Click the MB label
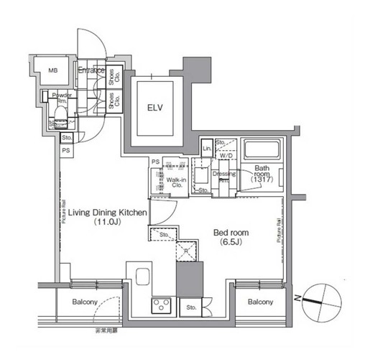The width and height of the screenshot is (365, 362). (52, 70)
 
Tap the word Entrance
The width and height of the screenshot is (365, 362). (91, 70)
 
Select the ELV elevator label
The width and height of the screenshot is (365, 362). (156, 108)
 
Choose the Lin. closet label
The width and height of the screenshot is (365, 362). (206, 149)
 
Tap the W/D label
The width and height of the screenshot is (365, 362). (226, 155)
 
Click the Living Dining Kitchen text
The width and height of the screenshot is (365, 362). (108, 213)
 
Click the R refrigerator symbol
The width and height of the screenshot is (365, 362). (186, 251)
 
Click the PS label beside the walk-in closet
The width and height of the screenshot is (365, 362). (154, 162)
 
